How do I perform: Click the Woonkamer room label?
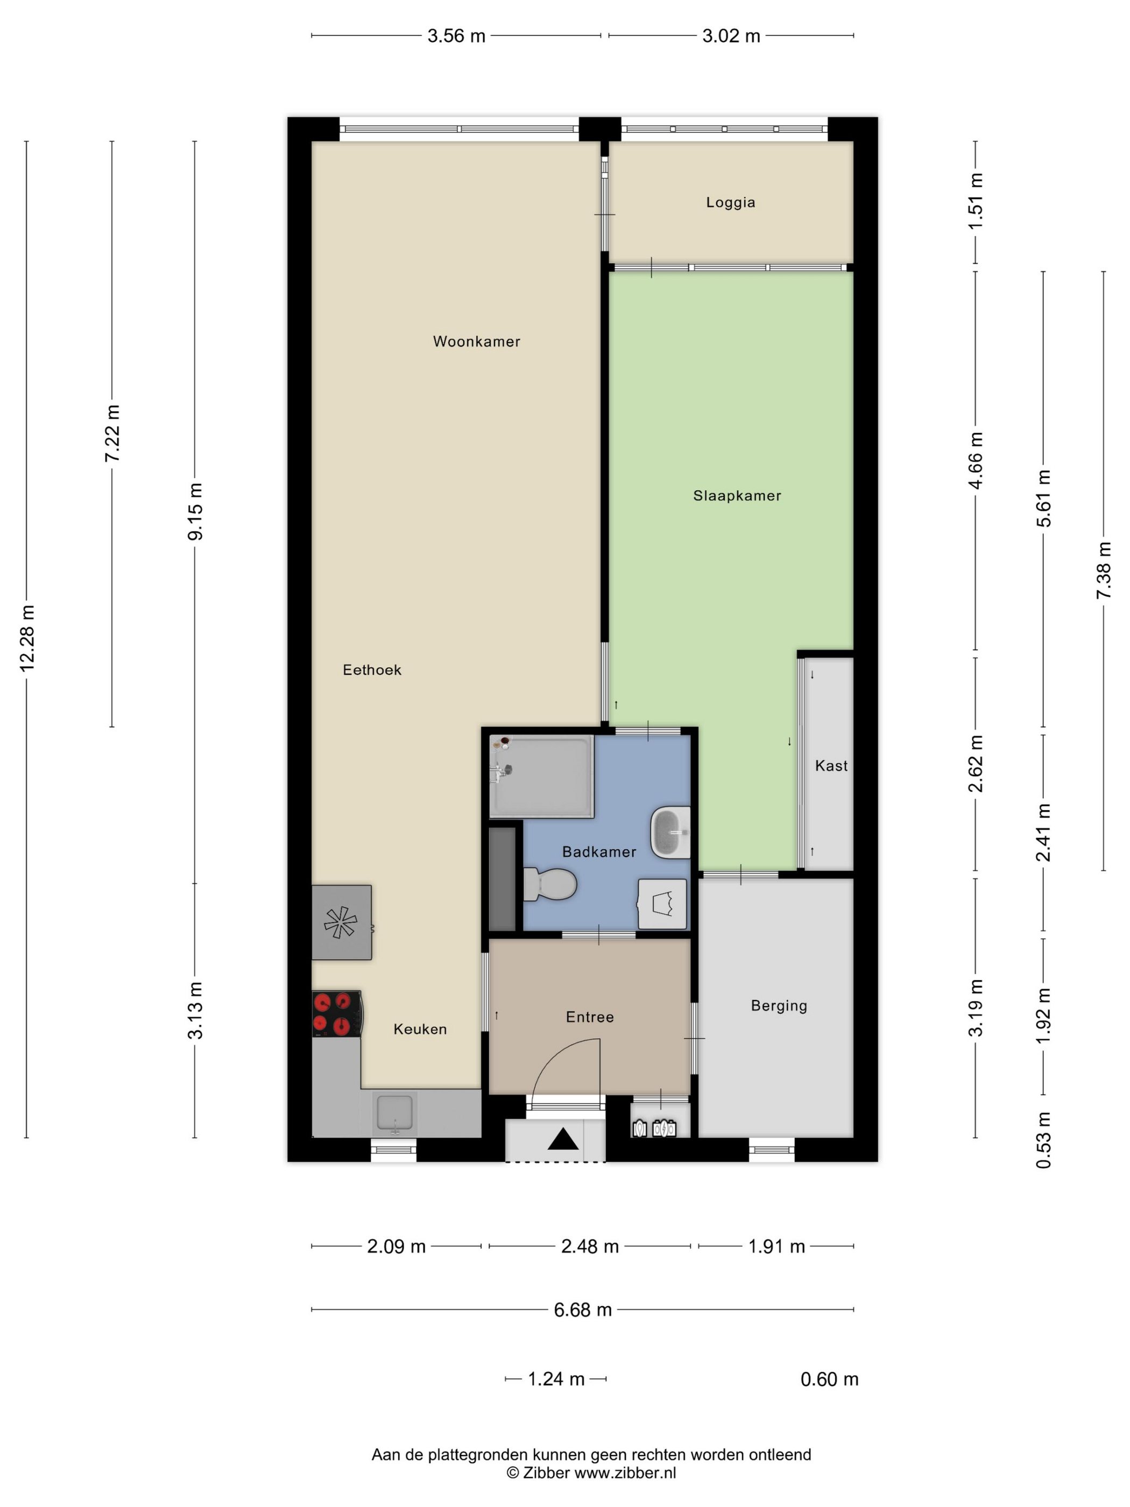tap(476, 341)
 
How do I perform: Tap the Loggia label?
tap(730, 202)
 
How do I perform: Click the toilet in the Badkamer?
tap(550, 884)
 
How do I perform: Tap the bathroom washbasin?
tap(670, 833)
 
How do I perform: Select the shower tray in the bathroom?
tap(541, 777)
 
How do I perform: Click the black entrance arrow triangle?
tap(563, 1139)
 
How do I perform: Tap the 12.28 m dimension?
tap(27, 638)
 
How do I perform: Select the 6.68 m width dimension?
tap(582, 1309)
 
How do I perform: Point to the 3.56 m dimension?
tap(456, 36)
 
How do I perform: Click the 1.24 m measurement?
tap(556, 1379)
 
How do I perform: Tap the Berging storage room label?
tap(779, 1005)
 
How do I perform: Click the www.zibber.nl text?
tap(625, 1473)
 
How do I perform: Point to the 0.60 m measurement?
tap(829, 1379)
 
